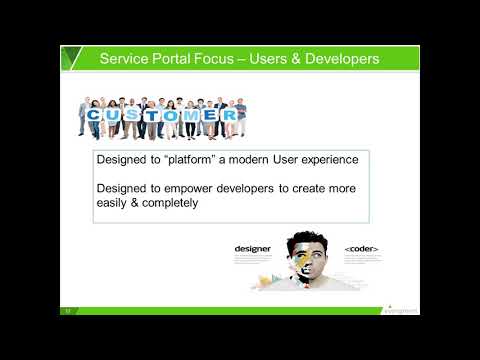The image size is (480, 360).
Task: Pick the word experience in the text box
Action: [329, 161]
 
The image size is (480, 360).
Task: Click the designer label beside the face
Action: [253, 248]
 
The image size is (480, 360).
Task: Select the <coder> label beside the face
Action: [361, 248]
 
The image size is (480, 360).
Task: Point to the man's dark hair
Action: [306, 240]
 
